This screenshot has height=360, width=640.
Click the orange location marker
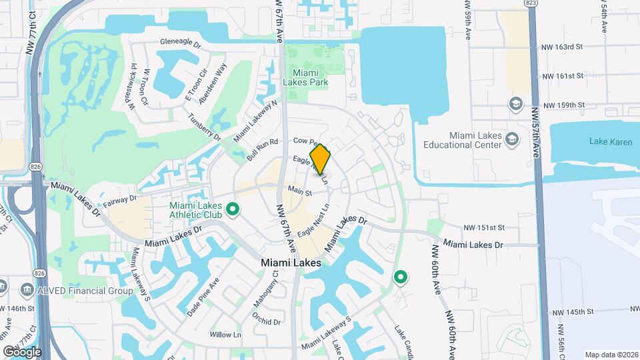coord(320,159)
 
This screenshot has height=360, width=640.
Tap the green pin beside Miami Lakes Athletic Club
coord(233,211)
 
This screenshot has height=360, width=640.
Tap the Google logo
coord(22,351)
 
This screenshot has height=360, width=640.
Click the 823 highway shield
coord(531,4)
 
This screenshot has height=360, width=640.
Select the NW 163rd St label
coord(563,47)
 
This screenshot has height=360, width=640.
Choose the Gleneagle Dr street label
coord(180,42)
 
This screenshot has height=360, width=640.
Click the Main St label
coord(300,191)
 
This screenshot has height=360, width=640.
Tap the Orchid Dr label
coord(267,321)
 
